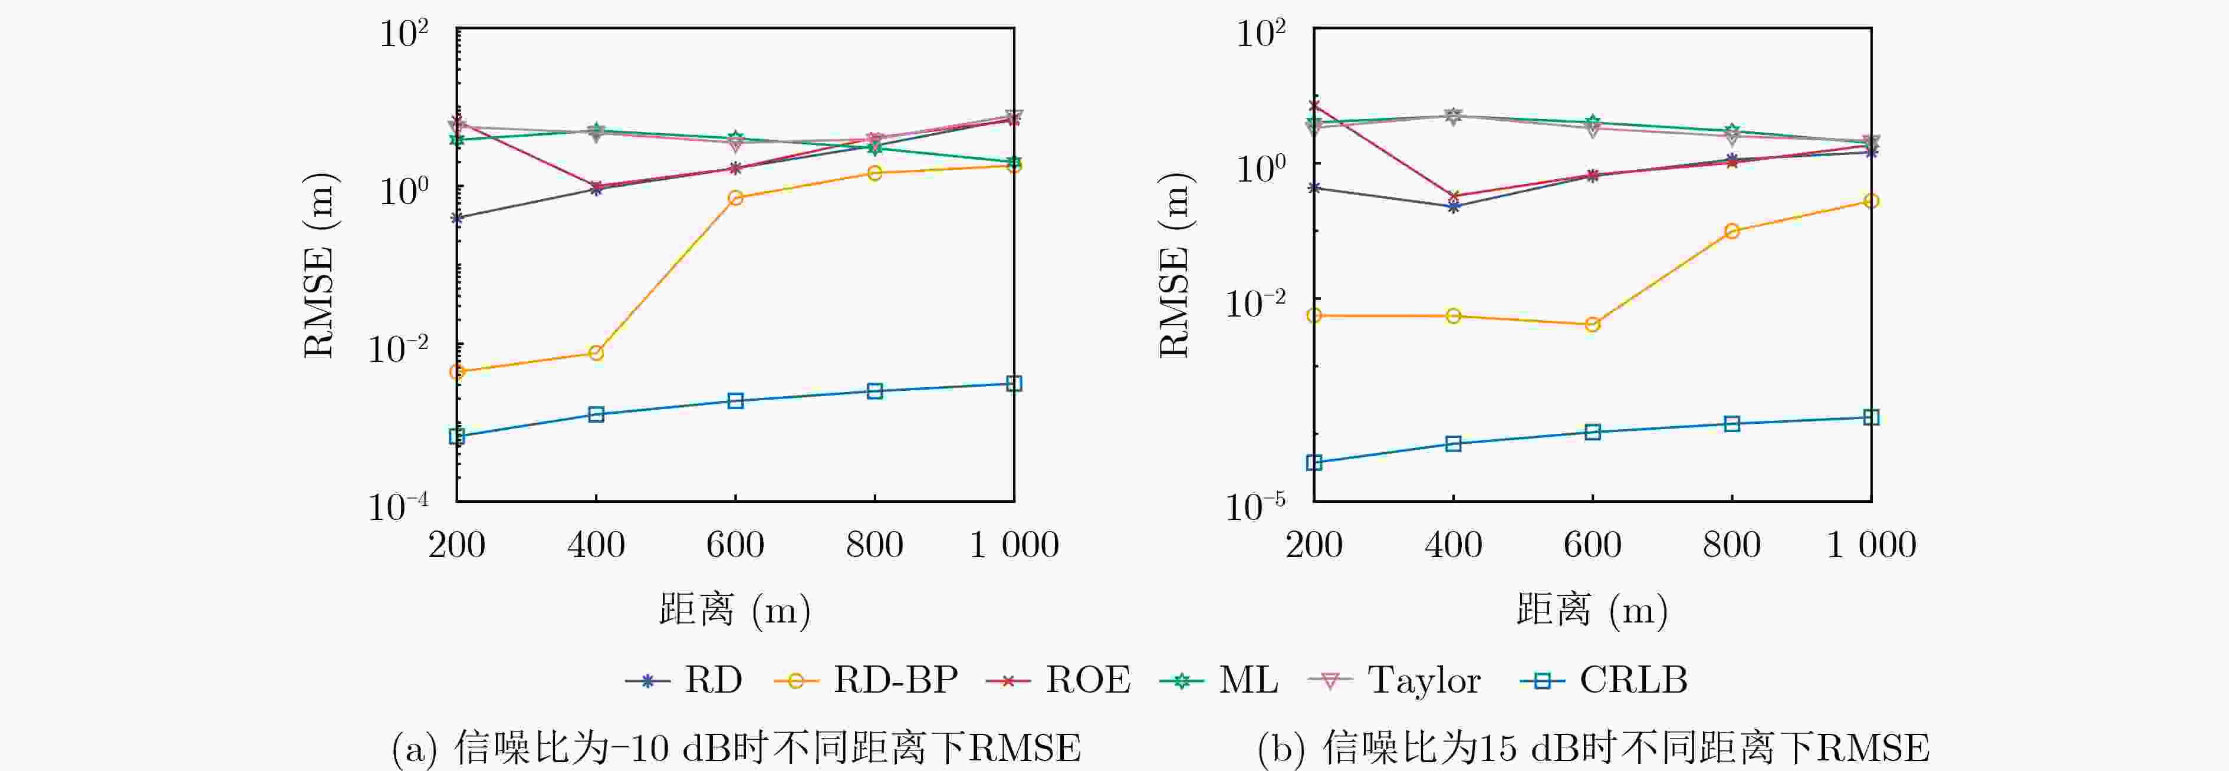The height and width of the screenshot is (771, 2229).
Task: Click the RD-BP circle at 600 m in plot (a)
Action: tap(735, 198)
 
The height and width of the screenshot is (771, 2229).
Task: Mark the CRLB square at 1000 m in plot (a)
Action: tap(1014, 383)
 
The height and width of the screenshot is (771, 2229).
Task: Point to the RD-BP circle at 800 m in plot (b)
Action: tap(1731, 231)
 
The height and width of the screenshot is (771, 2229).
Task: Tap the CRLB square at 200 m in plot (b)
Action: tap(1314, 463)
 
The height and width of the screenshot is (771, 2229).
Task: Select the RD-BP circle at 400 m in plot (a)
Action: tap(596, 353)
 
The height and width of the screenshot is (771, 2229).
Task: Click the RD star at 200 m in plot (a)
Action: tap(457, 218)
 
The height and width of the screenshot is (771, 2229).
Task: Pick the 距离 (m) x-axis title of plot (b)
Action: tap(1592, 610)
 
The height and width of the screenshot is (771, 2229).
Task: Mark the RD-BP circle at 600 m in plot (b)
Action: tap(1592, 325)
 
